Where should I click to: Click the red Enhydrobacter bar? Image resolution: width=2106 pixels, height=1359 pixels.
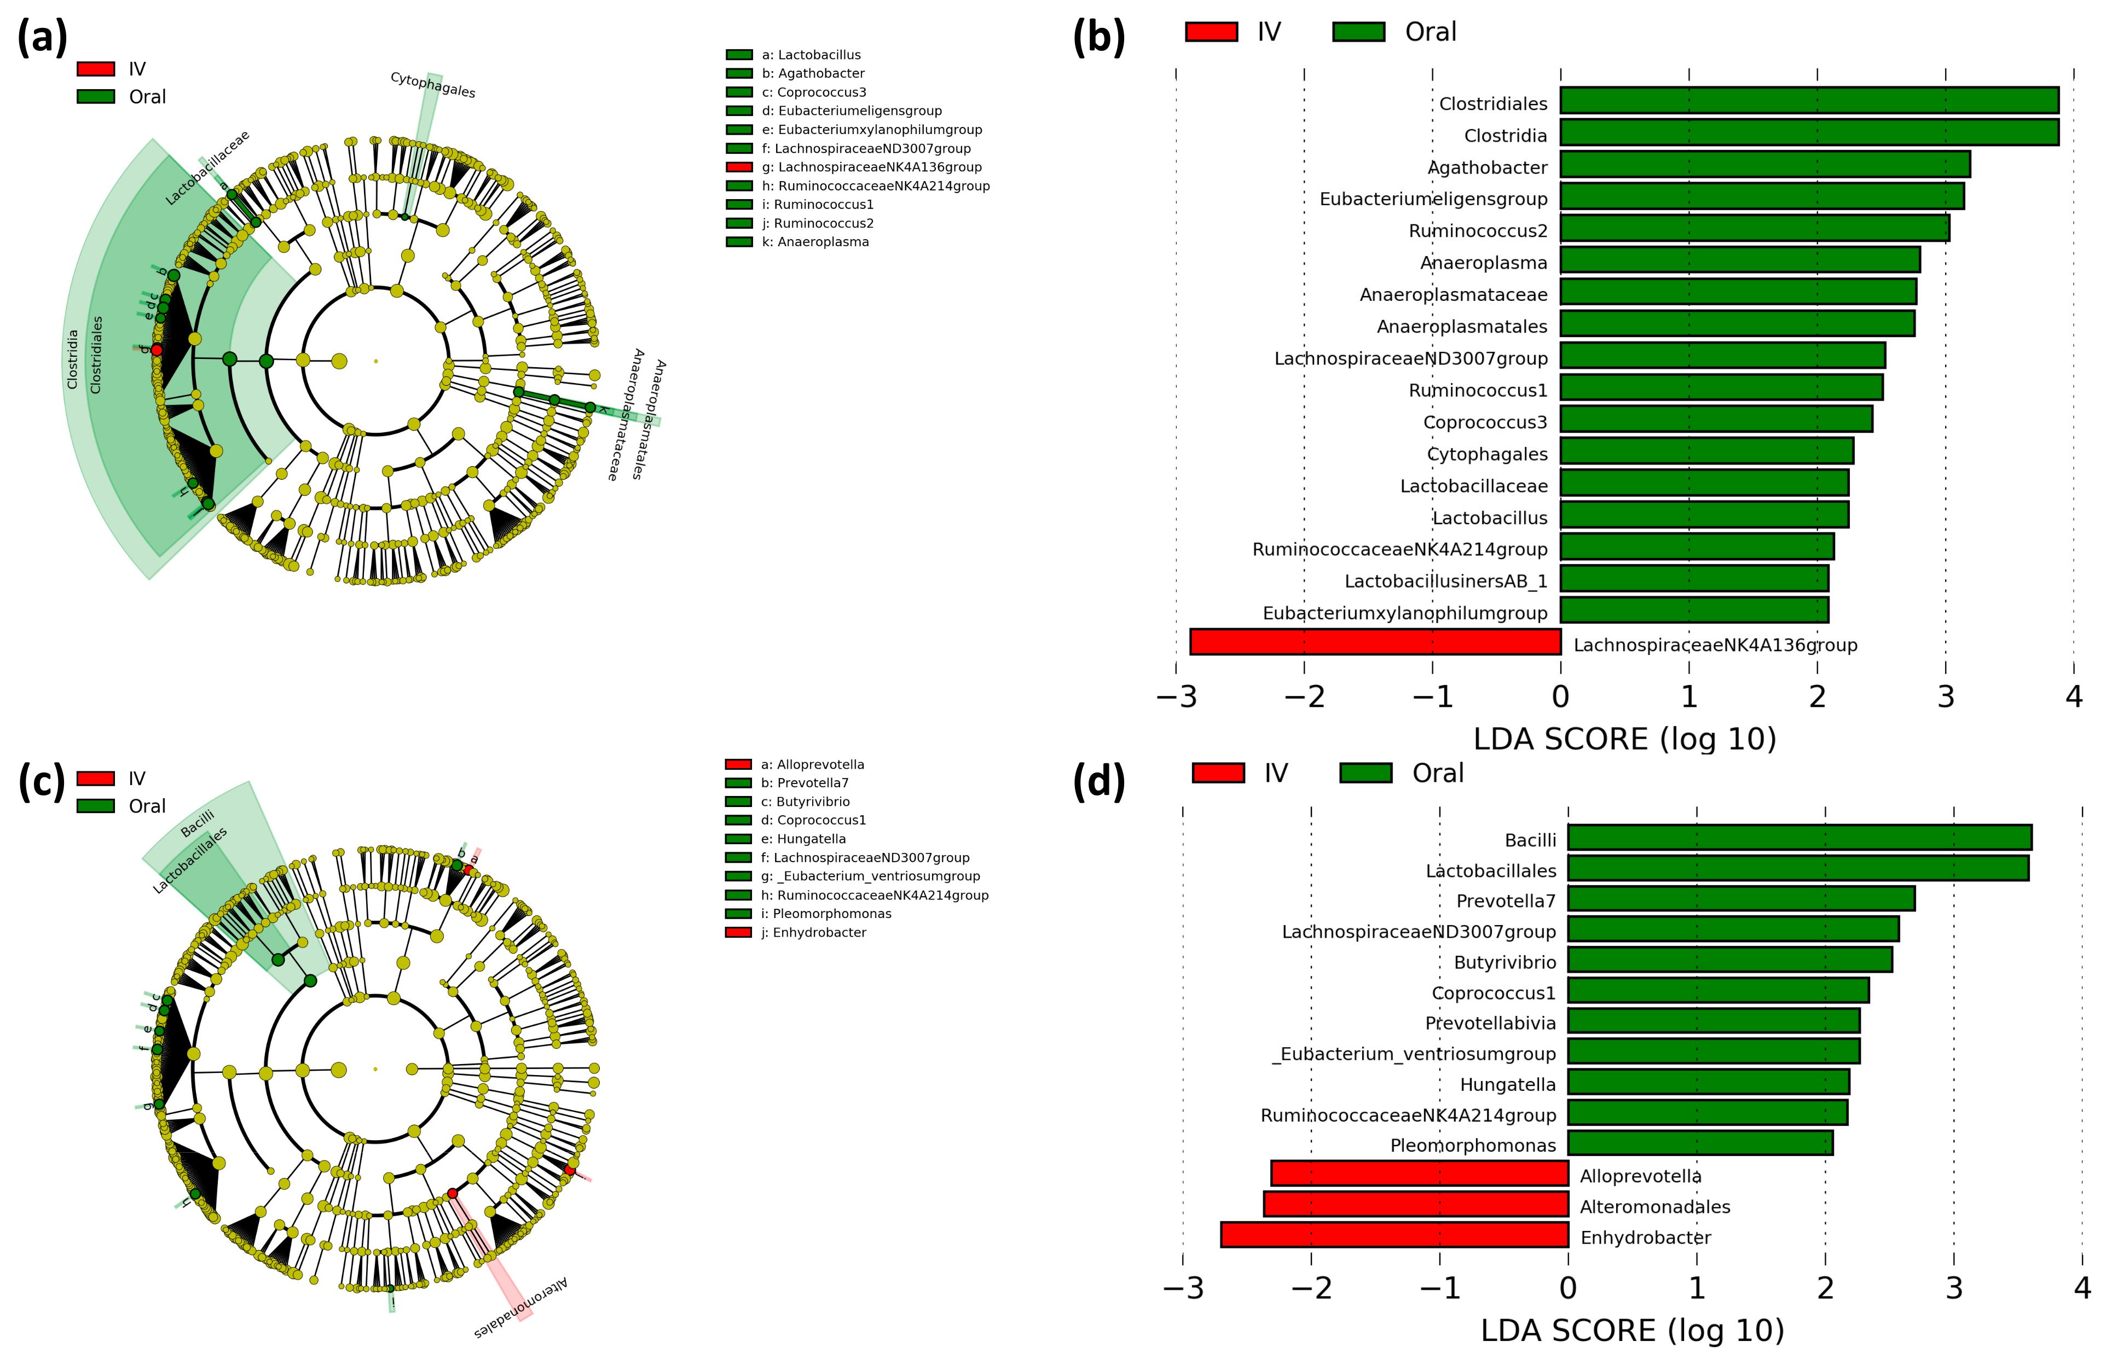point(1394,1235)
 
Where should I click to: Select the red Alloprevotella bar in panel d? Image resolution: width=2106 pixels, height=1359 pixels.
point(1419,1174)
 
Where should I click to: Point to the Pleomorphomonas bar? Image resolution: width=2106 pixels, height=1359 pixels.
point(1700,1143)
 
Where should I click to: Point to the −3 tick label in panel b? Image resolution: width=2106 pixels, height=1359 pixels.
point(1177,697)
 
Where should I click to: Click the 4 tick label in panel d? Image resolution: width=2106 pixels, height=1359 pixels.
point(2082,1288)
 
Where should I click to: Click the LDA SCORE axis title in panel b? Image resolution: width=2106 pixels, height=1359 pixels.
point(1624,739)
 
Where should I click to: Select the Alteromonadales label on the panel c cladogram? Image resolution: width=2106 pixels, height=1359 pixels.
point(521,1307)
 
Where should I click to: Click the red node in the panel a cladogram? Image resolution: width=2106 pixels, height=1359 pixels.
point(156,350)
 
